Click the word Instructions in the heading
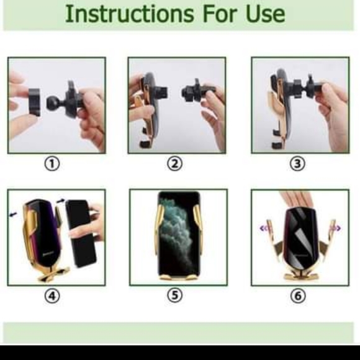tap(130, 14)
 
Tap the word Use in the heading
tap(265, 14)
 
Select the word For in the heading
tap(220, 14)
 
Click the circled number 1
tap(52, 164)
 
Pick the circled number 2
tap(174, 164)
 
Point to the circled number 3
tap(298, 164)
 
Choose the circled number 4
tap(52, 295)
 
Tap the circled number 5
tap(175, 295)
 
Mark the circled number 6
tap(298, 295)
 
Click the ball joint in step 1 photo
tap(53, 103)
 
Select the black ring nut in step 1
tap(35, 102)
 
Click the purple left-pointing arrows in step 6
tap(263, 228)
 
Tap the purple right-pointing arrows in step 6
tap(337, 228)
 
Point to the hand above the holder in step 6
tap(296, 199)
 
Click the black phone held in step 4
tap(81, 233)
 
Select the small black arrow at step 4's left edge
tap(13, 214)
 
